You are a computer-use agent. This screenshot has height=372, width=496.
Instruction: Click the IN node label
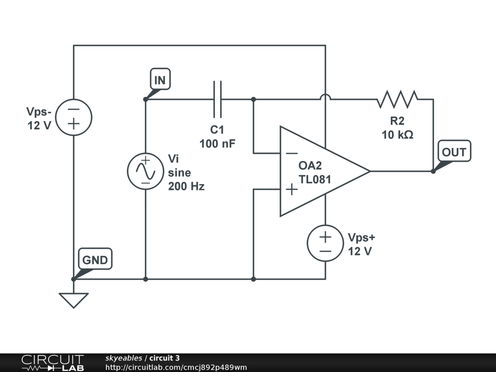[160, 80]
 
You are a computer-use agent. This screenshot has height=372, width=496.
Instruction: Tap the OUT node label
[453, 152]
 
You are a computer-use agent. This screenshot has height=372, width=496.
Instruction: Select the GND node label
[95, 260]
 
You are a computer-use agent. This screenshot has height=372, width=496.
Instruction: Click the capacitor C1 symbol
[217, 99]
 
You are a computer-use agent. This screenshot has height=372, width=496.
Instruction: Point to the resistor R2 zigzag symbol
[397, 99]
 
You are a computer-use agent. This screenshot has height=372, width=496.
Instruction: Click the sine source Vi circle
[145, 171]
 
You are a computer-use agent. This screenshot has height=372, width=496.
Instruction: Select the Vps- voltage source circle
[74, 117]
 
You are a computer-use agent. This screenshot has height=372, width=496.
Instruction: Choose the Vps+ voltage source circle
[325, 244]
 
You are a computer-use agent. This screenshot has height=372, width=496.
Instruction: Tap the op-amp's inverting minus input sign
[292, 153]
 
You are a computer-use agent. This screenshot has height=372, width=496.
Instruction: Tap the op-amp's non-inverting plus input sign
[292, 189]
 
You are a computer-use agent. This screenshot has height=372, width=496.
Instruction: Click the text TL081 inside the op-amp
[315, 179]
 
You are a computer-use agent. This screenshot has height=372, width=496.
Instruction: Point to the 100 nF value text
[217, 143]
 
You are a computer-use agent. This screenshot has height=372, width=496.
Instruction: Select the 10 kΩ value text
[397, 135]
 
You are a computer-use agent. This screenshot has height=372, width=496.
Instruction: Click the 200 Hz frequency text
[186, 186]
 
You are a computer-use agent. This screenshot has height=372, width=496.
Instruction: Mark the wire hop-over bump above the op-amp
[325, 97]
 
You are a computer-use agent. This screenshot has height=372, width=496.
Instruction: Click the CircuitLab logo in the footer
[52, 363]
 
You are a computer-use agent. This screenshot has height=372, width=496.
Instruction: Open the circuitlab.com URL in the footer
[176, 367]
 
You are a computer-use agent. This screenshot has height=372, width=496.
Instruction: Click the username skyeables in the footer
[124, 358]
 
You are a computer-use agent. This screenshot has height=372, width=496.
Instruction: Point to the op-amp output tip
[370, 171]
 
